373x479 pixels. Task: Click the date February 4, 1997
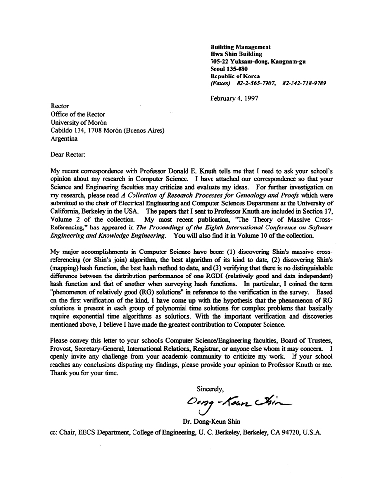pyautogui.click(x=234, y=98)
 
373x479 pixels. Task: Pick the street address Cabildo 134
pyautogui.click(x=69, y=130)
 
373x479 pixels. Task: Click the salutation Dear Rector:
pyautogui.click(x=68, y=155)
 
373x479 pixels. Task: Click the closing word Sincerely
pyautogui.click(x=211, y=389)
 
